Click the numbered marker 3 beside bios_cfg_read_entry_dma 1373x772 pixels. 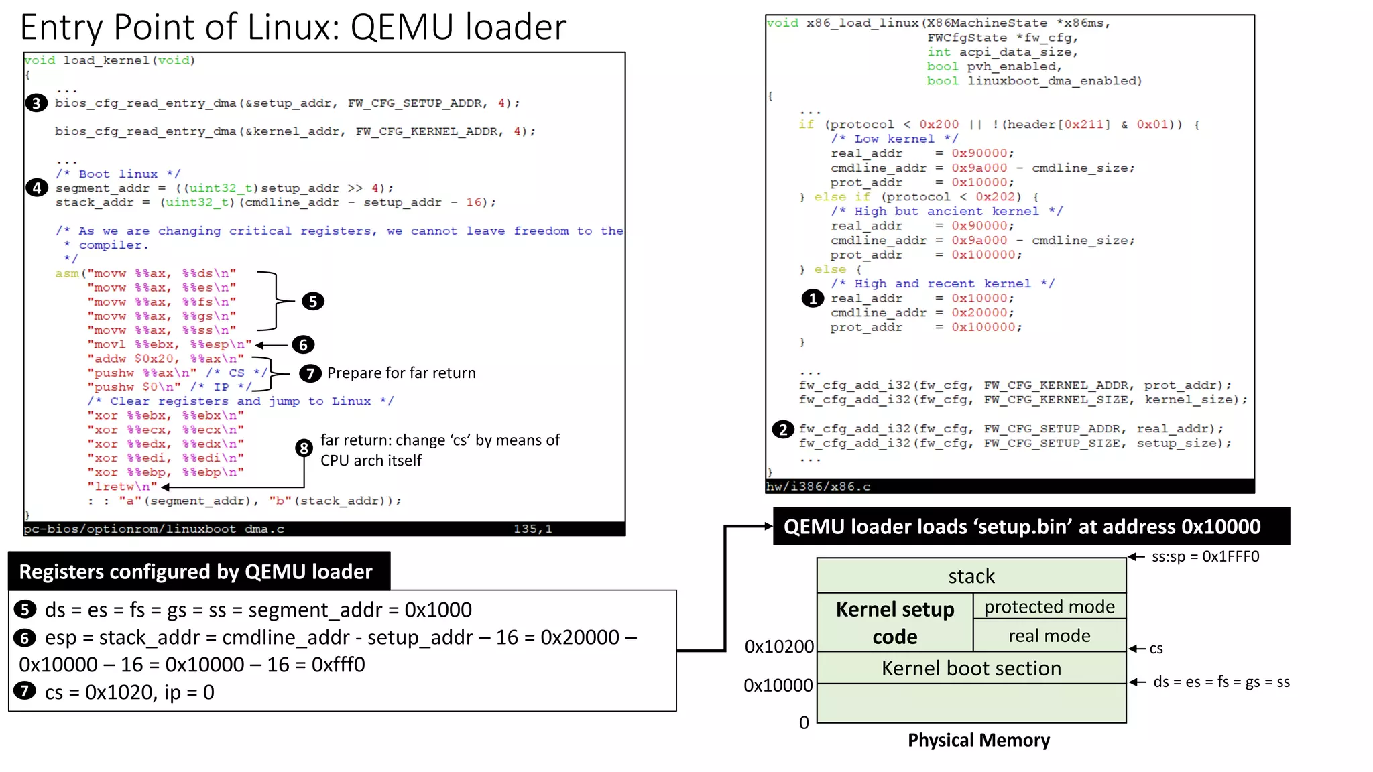point(36,103)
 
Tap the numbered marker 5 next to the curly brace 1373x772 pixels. point(312,302)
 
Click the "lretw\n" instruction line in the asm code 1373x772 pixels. point(122,487)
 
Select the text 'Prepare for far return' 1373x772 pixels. point(401,373)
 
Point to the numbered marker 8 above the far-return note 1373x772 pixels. point(304,448)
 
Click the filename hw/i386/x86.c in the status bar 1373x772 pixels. point(818,487)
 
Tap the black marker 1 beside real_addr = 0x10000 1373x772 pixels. point(813,298)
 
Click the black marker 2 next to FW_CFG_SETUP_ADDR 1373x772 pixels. point(782,429)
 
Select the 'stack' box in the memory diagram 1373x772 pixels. point(971,576)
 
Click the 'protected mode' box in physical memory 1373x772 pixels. point(1049,606)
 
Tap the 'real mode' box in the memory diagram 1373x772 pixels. point(1049,635)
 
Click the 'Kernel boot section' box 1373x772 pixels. point(971,668)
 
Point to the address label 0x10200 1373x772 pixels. point(779,647)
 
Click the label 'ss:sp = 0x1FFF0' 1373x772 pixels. point(1205,557)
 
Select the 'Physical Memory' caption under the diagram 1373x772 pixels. point(978,740)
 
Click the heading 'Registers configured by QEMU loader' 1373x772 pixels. point(195,572)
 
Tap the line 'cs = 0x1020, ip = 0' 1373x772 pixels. point(129,692)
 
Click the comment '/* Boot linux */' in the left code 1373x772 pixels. point(118,174)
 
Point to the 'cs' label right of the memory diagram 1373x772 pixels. point(1156,649)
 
